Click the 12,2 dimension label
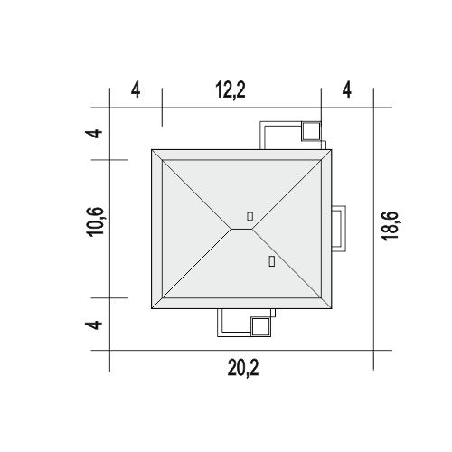coord(231,90)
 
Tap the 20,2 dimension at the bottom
coord(243,368)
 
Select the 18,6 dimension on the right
coord(390,226)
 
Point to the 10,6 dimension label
coord(96,221)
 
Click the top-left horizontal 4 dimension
coord(136,90)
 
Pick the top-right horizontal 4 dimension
coord(347,90)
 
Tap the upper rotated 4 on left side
coord(94,133)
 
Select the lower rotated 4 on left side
coord(94,325)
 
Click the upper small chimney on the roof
coord(250,216)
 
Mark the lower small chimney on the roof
coord(271,261)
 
